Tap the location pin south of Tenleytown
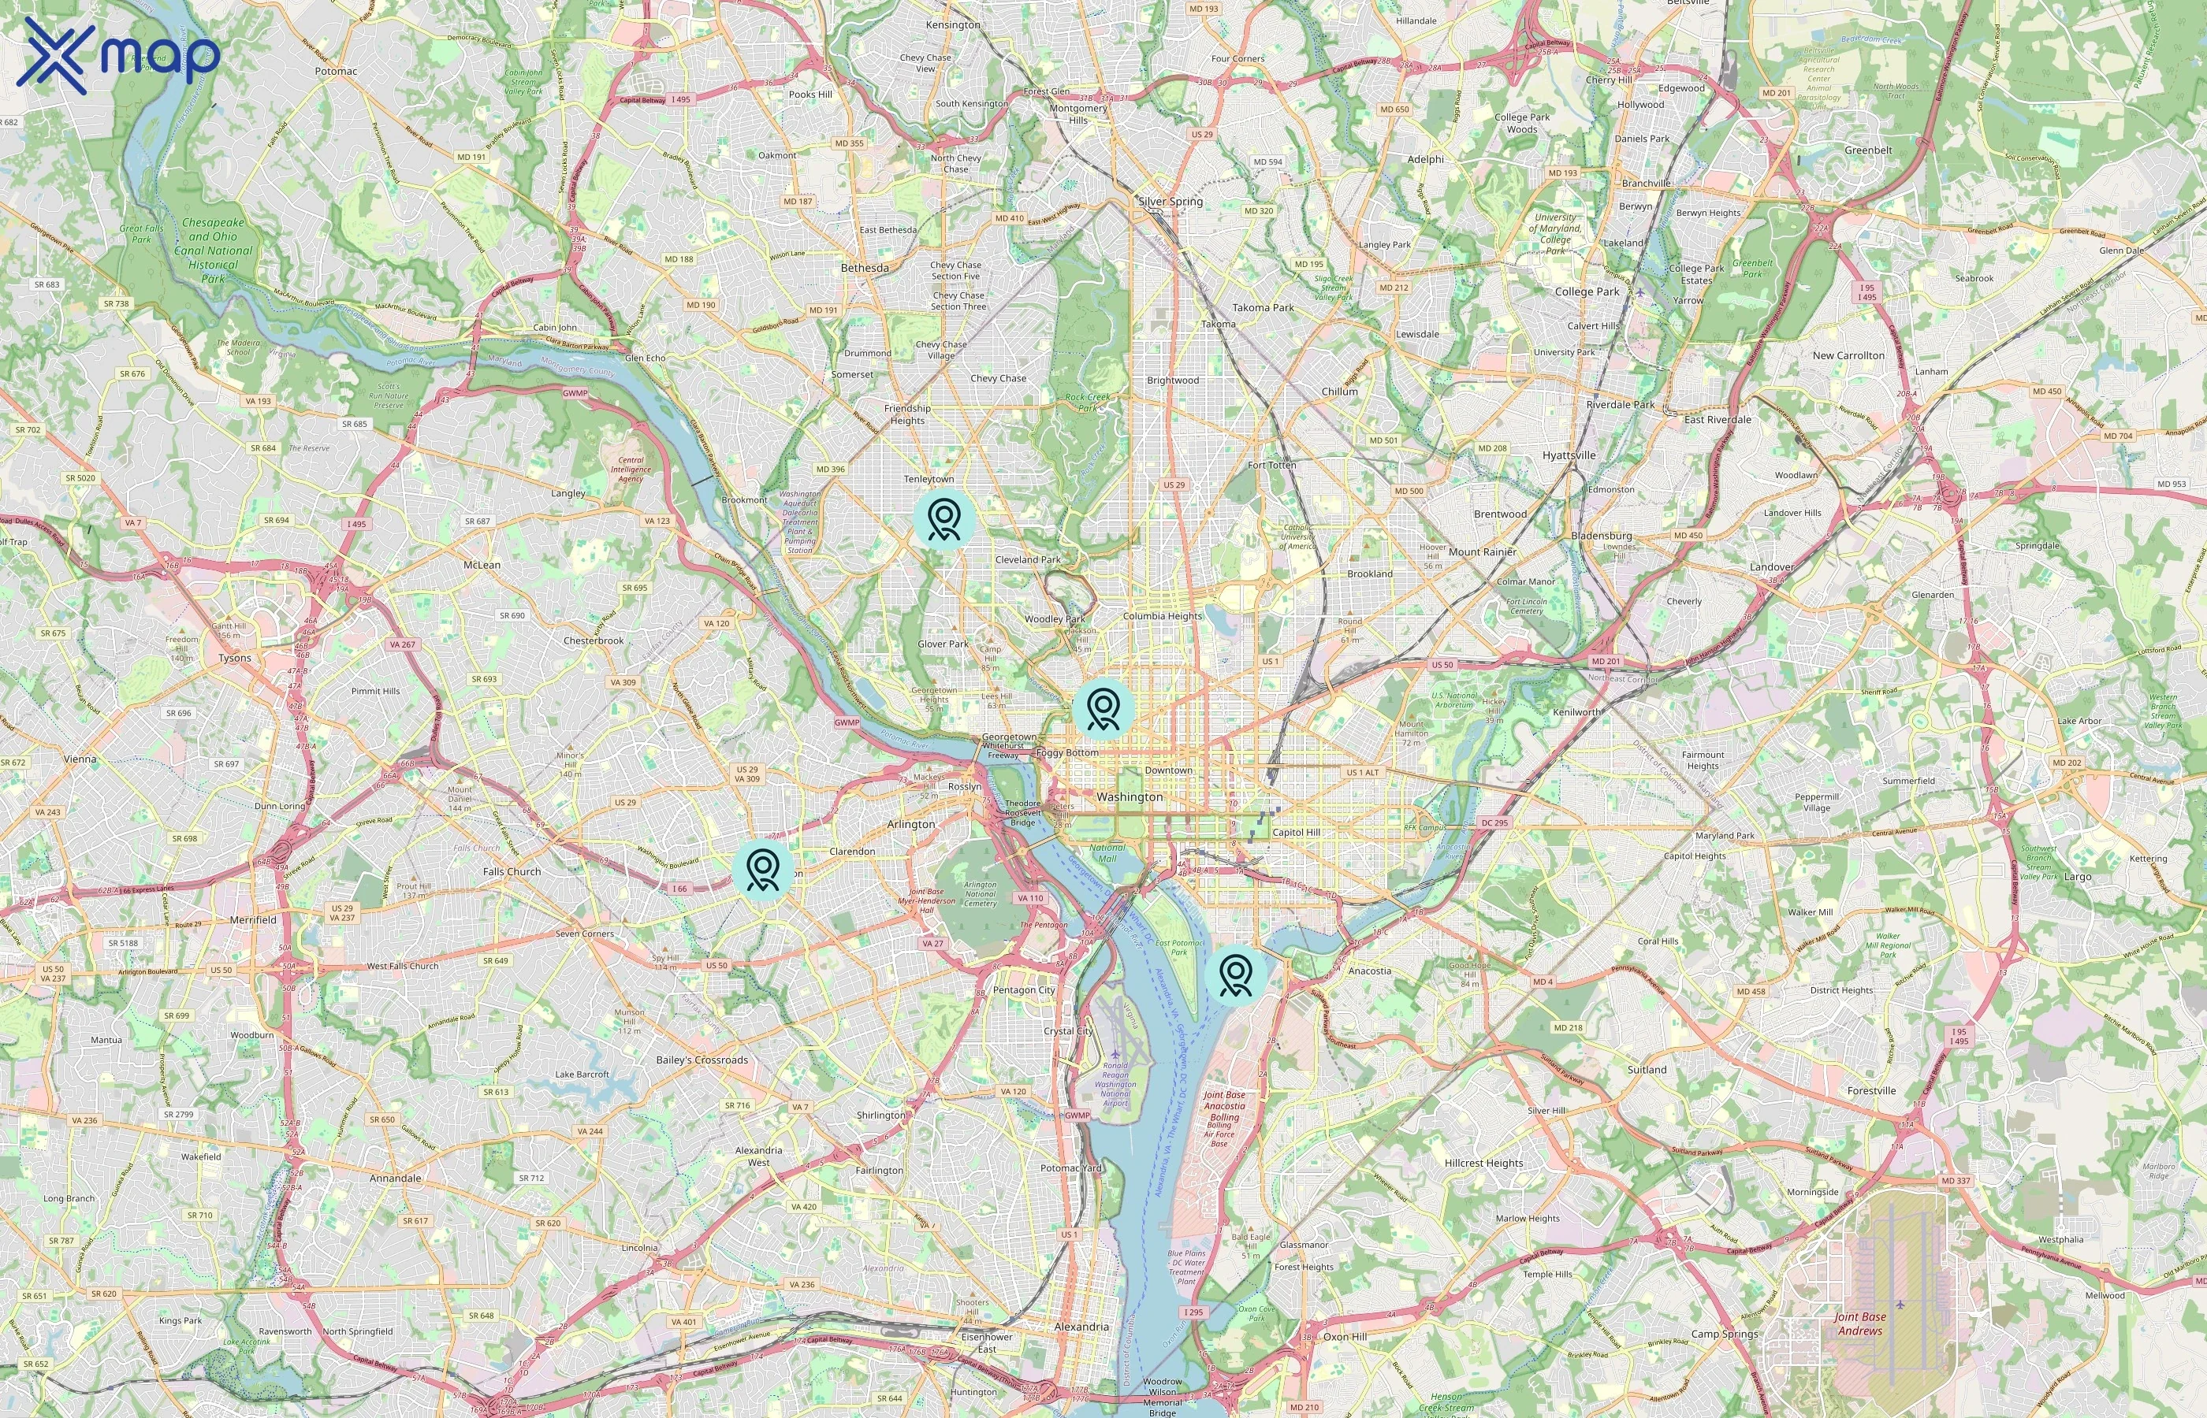click(x=944, y=519)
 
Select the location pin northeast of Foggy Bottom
click(x=1103, y=709)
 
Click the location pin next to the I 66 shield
click(x=763, y=868)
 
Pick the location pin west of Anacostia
click(x=1235, y=974)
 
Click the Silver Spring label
click(x=1170, y=201)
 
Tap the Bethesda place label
click(x=864, y=268)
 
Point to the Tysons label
click(x=235, y=659)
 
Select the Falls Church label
click(x=512, y=871)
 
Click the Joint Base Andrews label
click(x=1859, y=1324)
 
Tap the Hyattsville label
click(x=1569, y=455)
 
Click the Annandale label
click(x=395, y=1178)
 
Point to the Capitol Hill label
click(x=1295, y=831)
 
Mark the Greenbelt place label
click(x=1868, y=150)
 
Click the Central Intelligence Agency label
click(x=631, y=470)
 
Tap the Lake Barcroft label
click(x=582, y=1074)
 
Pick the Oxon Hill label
click(x=1345, y=1336)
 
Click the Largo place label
click(x=2077, y=877)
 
